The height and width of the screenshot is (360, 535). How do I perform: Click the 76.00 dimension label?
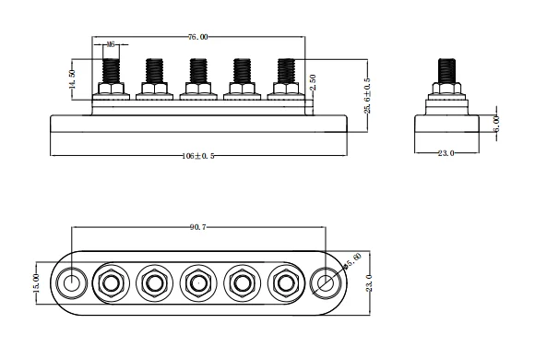coord(197,38)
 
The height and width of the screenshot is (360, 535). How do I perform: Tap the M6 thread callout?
coord(111,43)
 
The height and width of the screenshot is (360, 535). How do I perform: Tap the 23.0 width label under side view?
coord(446,153)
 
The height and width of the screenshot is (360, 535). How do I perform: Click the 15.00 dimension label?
coord(37,281)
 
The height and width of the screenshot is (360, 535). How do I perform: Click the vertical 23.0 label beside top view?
coord(369,281)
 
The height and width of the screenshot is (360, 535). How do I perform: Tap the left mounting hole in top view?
coord(69,282)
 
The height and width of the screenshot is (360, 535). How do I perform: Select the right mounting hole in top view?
coord(325,282)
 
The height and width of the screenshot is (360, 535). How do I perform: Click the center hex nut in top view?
coord(197,282)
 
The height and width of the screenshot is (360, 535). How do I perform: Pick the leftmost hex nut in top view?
coord(111,282)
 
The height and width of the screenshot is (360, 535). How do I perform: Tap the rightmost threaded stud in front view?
coord(285,70)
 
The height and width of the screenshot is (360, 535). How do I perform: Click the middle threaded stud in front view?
coord(197,70)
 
